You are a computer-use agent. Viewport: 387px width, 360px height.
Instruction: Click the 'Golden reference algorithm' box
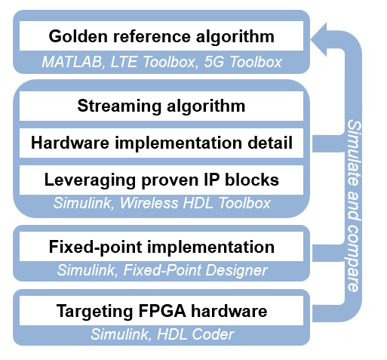(161, 35)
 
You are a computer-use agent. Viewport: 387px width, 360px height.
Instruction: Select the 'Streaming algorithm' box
(161, 106)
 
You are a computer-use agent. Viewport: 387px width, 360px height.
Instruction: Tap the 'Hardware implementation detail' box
(161, 143)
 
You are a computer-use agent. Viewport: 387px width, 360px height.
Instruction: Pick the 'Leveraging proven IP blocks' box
(161, 180)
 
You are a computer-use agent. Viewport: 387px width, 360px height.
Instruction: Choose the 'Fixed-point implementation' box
(161, 247)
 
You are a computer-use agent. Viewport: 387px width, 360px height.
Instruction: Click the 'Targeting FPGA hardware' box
(161, 311)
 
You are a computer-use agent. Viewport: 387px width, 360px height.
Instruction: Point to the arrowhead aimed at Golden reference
(319, 39)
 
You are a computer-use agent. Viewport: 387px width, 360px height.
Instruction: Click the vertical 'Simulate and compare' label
(354, 206)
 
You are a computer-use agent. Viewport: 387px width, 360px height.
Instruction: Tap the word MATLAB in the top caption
(72, 62)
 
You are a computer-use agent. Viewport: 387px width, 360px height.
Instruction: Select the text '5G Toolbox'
(243, 62)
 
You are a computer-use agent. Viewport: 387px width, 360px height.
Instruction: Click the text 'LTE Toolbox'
(153, 62)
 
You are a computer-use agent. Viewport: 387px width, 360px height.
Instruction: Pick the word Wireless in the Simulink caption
(149, 203)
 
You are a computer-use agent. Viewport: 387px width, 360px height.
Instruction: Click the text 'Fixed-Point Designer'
(195, 270)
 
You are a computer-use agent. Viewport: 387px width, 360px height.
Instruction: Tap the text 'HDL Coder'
(195, 334)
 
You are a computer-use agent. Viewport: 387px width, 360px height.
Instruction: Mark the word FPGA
(162, 311)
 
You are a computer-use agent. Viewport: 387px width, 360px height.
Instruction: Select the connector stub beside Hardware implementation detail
(328, 143)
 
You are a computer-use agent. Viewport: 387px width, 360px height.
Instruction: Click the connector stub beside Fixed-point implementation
(328, 253)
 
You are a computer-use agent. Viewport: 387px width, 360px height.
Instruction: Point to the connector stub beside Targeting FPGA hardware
(327, 313)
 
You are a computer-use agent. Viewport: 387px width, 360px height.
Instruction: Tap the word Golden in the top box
(78, 36)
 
